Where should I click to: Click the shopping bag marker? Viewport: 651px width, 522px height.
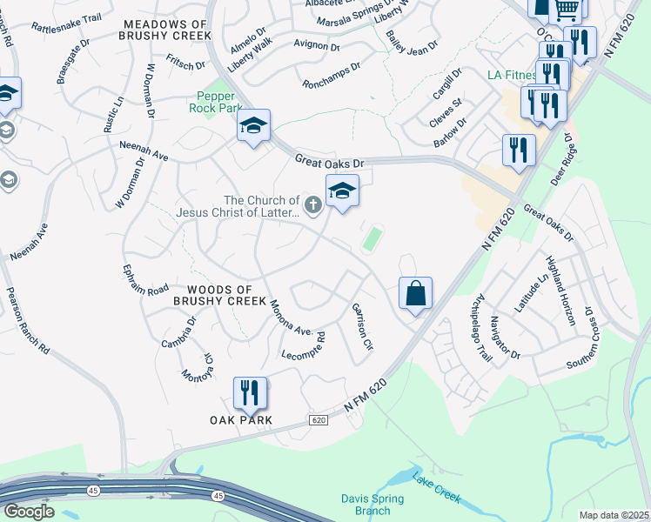[416, 293]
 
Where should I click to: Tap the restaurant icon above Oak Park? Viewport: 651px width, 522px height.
[250, 392]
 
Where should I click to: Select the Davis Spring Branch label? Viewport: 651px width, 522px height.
[372, 505]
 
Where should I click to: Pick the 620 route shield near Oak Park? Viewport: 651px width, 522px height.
[320, 420]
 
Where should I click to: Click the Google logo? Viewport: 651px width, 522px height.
[29, 512]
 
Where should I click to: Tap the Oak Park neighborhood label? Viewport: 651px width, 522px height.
[241, 420]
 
